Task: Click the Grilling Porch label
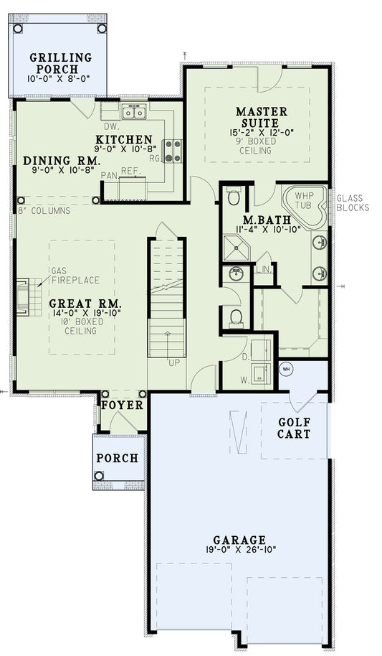pos(60,63)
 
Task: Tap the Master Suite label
pos(262,118)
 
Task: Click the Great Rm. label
pos(84,304)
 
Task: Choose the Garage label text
pos(239,540)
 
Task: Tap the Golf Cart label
pos(294,428)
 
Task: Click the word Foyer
pos(122,406)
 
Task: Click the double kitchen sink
pos(134,111)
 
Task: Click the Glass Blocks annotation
pos(353,203)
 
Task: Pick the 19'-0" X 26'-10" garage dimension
pos(239,551)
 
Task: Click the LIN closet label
pos(262,269)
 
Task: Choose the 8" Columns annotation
pos(44,211)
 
